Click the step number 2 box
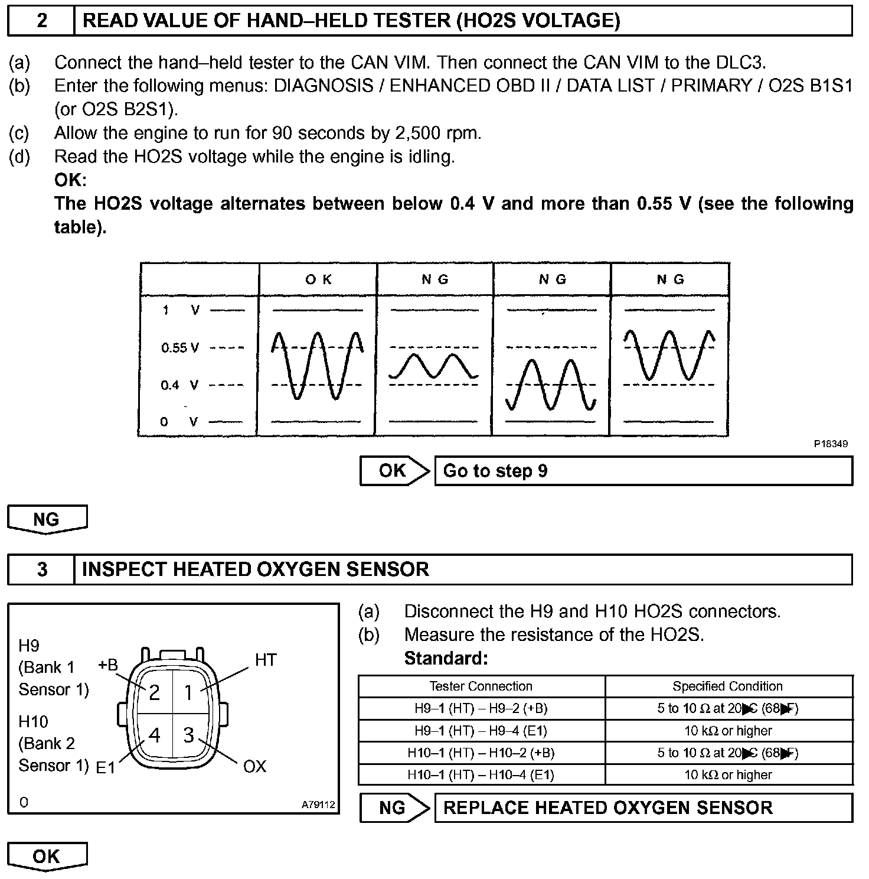pyautogui.click(x=41, y=21)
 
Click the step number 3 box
pyautogui.click(x=41, y=569)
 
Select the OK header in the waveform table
pyautogui.click(x=318, y=279)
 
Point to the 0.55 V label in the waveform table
pyautogui.click(x=180, y=348)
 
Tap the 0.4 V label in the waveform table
pyautogui.click(x=179, y=386)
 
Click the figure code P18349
pyautogui.click(x=831, y=444)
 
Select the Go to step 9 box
pyautogui.click(x=643, y=471)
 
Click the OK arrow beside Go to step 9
pyautogui.click(x=394, y=471)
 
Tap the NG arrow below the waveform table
pyautogui.click(x=47, y=519)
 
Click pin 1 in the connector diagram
pyautogui.click(x=188, y=692)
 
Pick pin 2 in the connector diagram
pyautogui.click(x=155, y=692)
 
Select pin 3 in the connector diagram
pyautogui.click(x=188, y=735)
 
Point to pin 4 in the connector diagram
pyautogui.click(x=155, y=735)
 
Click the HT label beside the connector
pyautogui.click(x=266, y=660)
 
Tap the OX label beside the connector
pyautogui.click(x=255, y=767)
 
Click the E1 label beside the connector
pyautogui.click(x=106, y=768)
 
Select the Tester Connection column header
pyautogui.click(x=481, y=686)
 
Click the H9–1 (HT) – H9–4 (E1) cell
pyautogui.click(x=481, y=731)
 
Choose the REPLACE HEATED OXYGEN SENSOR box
pyautogui.click(x=643, y=808)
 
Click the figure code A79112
pyautogui.click(x=318, y=805)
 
